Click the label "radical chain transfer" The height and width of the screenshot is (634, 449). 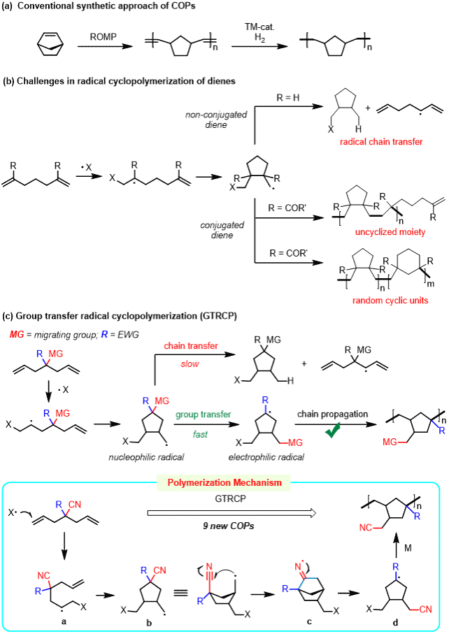[381, 142]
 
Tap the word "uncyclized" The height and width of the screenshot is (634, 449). [376, 232]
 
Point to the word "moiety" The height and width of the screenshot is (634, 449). [412, 232]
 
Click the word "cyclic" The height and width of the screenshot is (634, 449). [396, 301]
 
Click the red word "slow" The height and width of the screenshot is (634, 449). [190, 363]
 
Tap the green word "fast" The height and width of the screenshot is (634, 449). [200, 434]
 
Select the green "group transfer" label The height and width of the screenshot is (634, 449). [203, 415]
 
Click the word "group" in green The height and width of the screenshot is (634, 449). [187, 415]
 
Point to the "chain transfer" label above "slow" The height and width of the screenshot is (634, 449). [191, 346]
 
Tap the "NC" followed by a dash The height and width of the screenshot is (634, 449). [366, 528]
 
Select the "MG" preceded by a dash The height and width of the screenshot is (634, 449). [295, 442]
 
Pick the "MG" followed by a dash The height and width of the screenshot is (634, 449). [390, 442]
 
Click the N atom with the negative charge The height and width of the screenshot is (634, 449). [299, 567]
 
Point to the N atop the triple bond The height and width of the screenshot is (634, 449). [209, 567]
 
